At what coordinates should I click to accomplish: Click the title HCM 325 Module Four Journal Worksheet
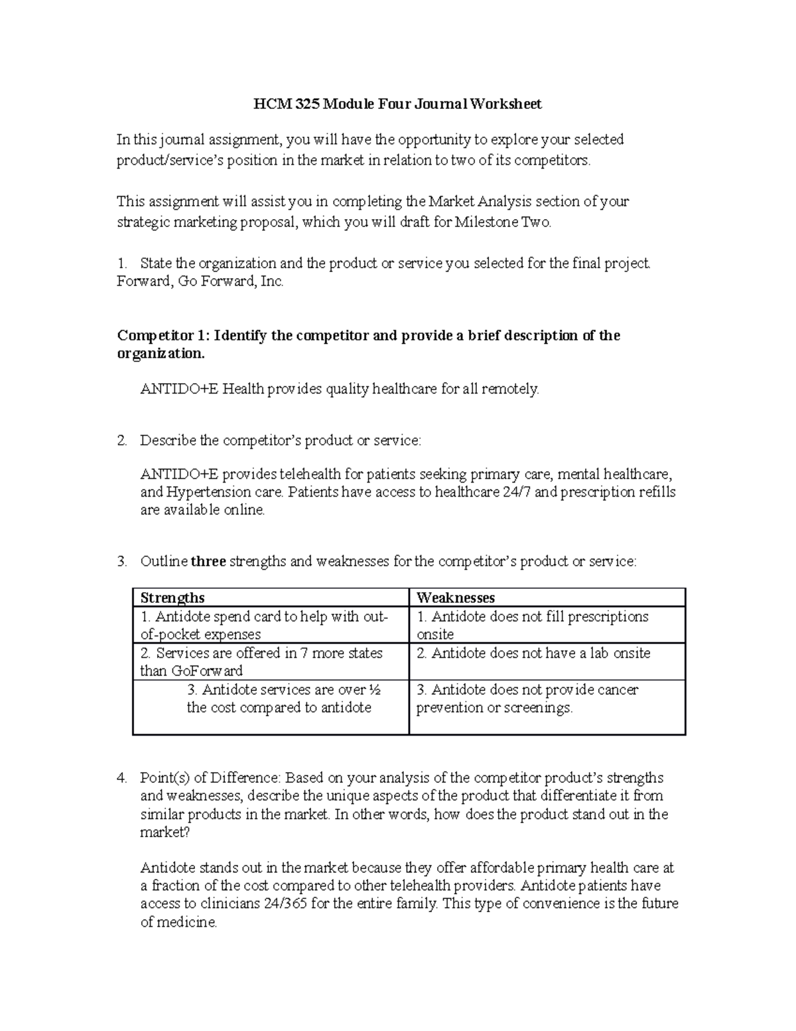coord(398,104)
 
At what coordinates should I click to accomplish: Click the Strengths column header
coord(172,597)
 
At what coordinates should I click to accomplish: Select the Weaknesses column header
coord(455,597)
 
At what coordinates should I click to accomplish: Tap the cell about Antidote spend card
coord(263,625)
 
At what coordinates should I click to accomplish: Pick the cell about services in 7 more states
coord(261,662)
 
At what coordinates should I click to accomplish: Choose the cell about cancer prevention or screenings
coord(527,699)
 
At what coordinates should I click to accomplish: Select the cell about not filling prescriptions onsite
coord(532,625)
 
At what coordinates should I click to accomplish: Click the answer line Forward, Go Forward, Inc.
coord(200,281)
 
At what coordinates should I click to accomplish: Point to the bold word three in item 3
coord(208,562)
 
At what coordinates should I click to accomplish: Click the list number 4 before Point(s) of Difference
coord(121,778)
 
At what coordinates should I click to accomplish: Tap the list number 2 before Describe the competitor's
coord(121,440)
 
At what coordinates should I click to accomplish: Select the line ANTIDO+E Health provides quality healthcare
coord(340,389)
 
